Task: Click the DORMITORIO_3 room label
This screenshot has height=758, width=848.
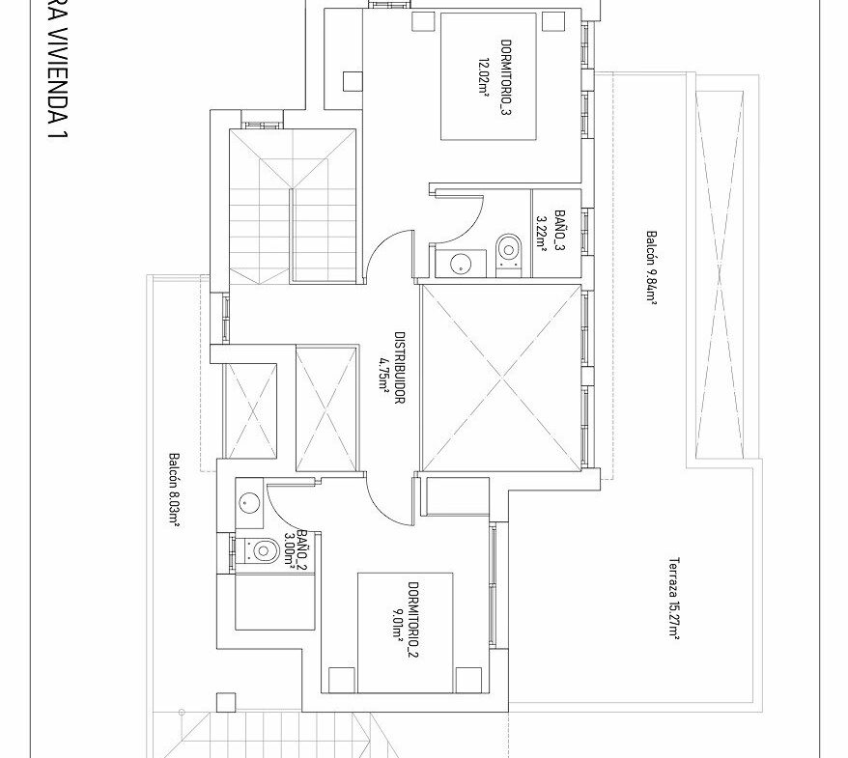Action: pyautogui.click(x=507, y=77)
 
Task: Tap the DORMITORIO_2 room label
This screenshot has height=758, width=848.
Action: pyautogui.click(x=413, y=620)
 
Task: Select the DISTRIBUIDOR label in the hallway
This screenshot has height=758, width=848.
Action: pyautogui.click(x=400, y=368)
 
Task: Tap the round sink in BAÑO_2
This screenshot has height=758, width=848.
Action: pyautogui.click(x=248, y=503)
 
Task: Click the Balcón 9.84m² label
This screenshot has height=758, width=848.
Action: pyautogui.click(x=652, y=267)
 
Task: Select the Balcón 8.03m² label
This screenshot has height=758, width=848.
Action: pyautogui.click(x=174, y=490)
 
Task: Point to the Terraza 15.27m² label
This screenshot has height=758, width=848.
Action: pyautogui.click(x=674, y=599)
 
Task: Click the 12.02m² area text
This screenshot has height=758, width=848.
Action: pyautogui.click(x=484, y=77)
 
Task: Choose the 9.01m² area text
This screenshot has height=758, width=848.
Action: pyautogui.click(x=397, y=620)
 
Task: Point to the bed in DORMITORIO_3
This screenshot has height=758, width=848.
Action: pyautogui.click(x=489, y=76)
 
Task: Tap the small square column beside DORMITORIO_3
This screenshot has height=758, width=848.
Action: pyautogui.click(x=353, y=82)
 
